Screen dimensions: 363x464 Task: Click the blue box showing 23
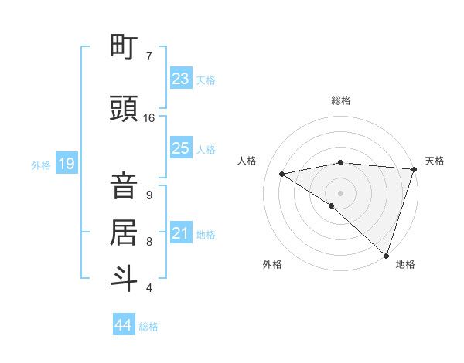point(181,79)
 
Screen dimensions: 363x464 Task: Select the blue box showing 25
point(181,148)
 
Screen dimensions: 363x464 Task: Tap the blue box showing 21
point(181,233)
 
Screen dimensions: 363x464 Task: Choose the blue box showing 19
point(66,164)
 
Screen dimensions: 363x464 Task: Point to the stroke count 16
point(149,118)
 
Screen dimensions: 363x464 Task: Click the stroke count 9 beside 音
point(149,195)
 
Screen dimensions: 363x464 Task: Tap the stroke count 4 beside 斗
point(149,288)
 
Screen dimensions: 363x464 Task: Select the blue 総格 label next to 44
point(148,327)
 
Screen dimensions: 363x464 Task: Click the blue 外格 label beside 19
point(41,165)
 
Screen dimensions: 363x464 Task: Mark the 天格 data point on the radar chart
point(414,169)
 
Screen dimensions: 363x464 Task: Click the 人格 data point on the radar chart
point(282,174)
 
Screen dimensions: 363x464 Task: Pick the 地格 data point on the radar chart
point(386,255)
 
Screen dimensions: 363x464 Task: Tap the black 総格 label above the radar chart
point(340,100)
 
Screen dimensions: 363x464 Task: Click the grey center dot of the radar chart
point(340,192)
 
